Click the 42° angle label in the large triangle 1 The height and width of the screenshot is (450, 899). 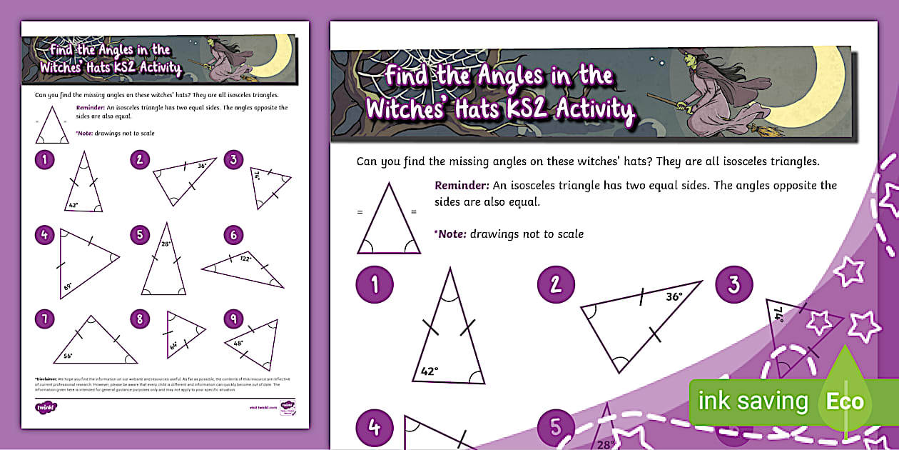[430, 372]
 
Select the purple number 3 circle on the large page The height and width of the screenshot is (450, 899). [734, 285]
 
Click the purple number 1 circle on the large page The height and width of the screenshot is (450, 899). [375, 285]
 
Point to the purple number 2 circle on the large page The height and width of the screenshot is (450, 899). [556, 285]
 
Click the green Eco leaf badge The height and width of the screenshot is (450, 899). [845, 401]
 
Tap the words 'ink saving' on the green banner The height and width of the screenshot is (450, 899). [753, 401]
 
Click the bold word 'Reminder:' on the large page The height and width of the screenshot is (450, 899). [462, 186]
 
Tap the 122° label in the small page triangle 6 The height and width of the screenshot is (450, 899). [246, 259]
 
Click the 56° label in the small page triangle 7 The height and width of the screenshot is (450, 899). [68, 355]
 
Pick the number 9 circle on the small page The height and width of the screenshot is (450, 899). [233, 319]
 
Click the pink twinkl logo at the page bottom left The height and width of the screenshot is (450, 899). [46, 407]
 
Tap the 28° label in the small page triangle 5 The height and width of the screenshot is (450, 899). [166, 244]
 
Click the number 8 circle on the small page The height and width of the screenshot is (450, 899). [141, 319]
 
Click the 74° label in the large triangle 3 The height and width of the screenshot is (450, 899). [779, 315]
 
